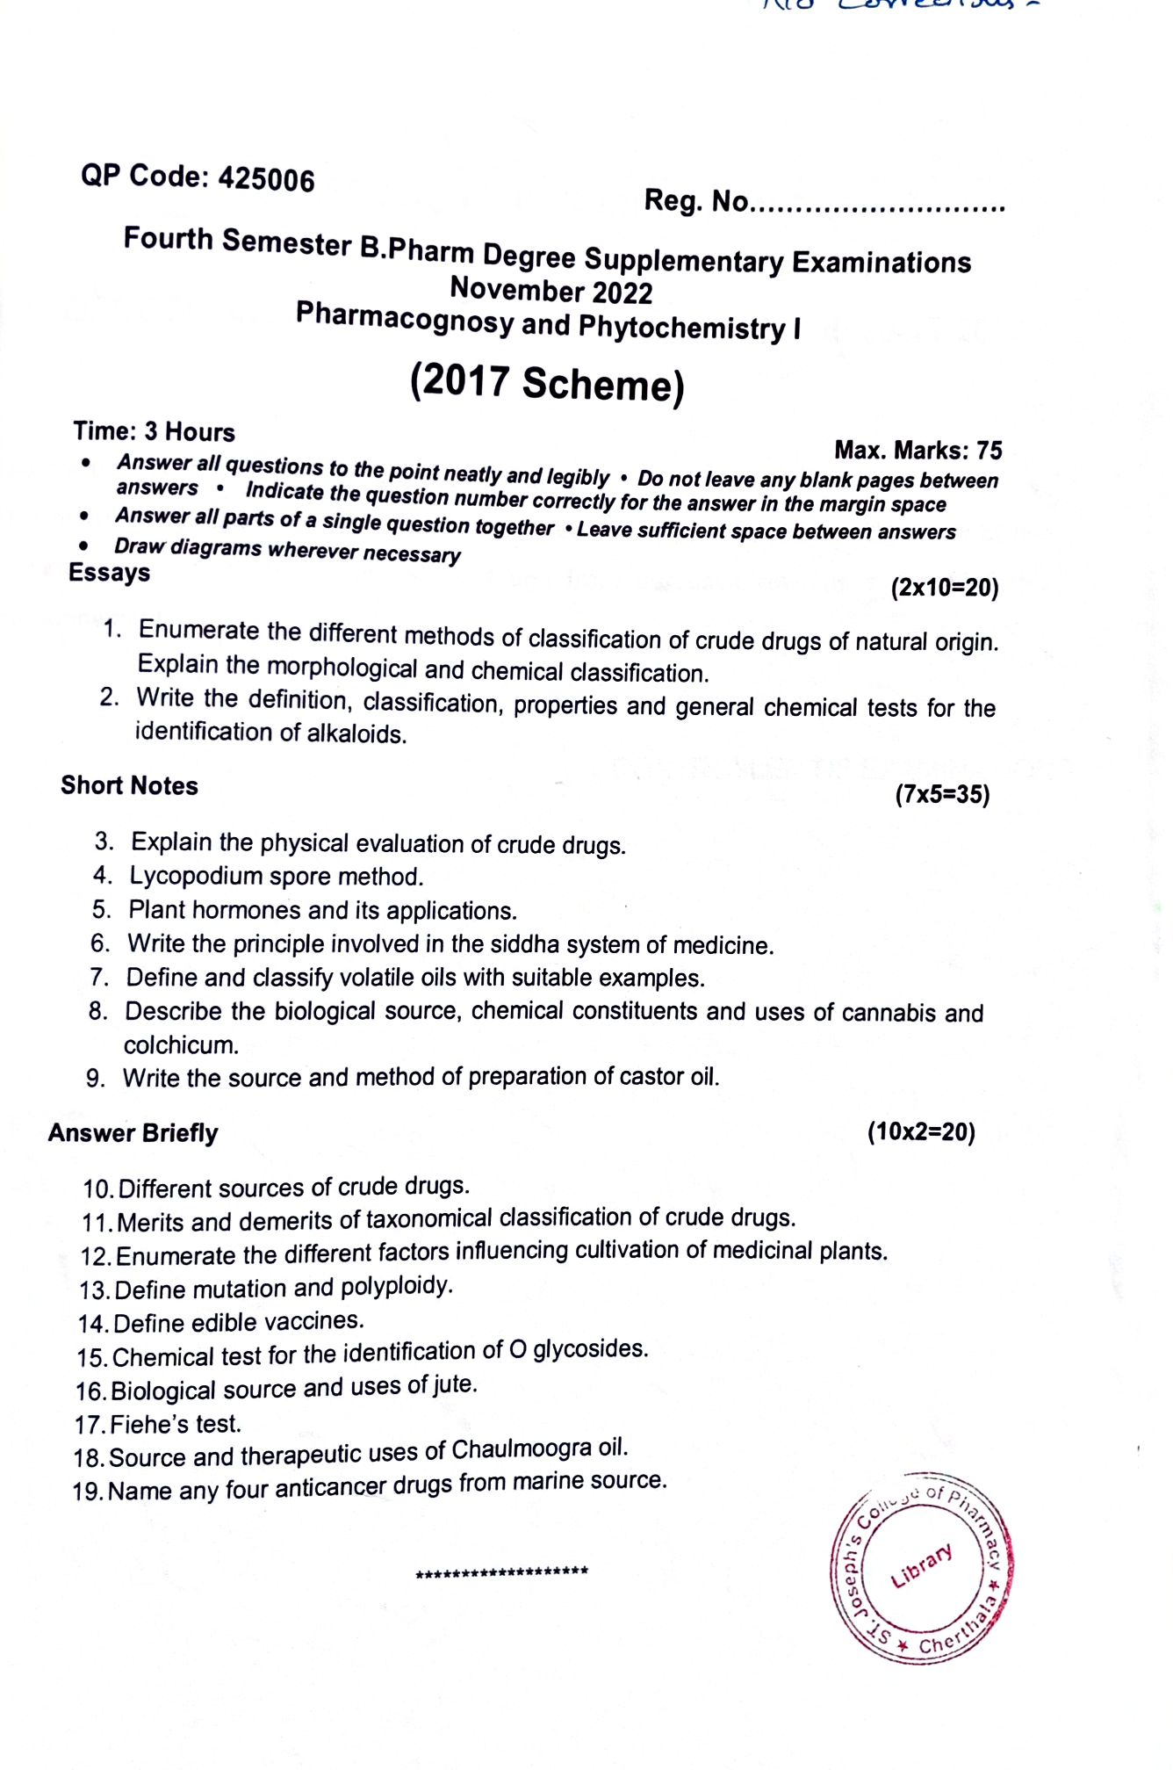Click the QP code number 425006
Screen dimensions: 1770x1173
(x=266, y=179)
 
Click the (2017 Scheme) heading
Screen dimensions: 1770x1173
(x=546, y=384)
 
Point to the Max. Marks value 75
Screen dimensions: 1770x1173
(x=989, y=451)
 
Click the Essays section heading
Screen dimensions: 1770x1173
(x=110, y=573)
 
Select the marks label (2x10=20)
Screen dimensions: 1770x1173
(x=945, y=587)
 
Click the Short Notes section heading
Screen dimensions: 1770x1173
(x=129, y=785)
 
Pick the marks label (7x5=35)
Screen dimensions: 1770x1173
(x=942, y=795)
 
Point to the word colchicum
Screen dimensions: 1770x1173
(x=181, y=1044)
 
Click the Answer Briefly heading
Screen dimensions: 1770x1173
(x=133, y=1133)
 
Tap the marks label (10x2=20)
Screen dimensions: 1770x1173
(x=921, y=1131)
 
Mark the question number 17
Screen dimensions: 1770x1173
(x=89, y=1425)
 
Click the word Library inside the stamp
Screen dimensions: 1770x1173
(x=921, y=1564)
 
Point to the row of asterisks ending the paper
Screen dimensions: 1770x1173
(x=502, y=1571)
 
